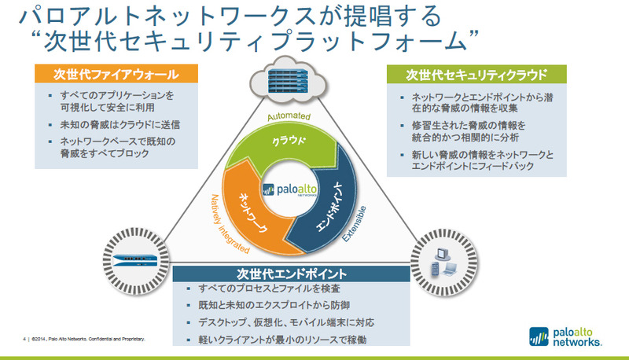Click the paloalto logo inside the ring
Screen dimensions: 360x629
point(292,189)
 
